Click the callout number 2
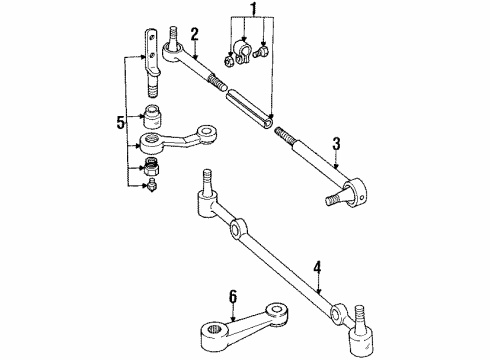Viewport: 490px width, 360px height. point(196,35)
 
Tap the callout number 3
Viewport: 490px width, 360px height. point(336,143)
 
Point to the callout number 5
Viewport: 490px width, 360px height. point(120,124)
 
